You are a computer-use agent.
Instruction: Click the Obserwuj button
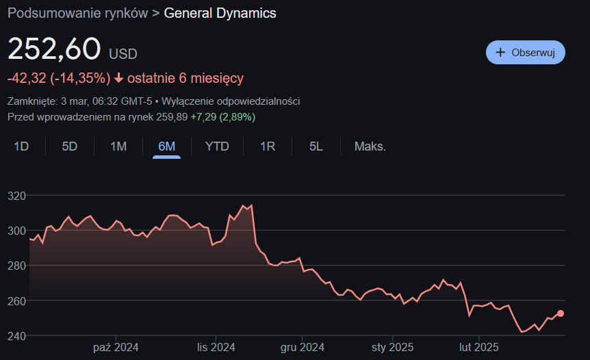525,53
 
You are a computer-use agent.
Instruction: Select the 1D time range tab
22,146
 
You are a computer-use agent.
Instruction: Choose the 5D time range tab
70,146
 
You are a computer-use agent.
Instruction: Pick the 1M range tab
118,146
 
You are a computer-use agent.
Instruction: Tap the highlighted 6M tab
166,146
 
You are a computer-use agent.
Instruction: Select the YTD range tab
217,146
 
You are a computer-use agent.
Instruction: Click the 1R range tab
267,146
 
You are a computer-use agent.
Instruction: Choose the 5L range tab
316,146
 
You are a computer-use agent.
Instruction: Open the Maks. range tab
370,146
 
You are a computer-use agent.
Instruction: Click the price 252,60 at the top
54,50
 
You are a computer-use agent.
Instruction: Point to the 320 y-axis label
16,196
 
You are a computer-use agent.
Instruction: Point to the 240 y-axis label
16,336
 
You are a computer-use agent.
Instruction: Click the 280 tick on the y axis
16,266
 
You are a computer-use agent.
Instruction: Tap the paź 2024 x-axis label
116,348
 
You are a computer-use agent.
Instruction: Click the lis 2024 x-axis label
216,348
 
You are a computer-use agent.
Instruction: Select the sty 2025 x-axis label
392,348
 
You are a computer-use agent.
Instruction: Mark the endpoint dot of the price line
561,313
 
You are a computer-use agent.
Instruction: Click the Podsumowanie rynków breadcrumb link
77,14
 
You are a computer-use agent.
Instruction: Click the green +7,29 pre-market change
203,117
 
